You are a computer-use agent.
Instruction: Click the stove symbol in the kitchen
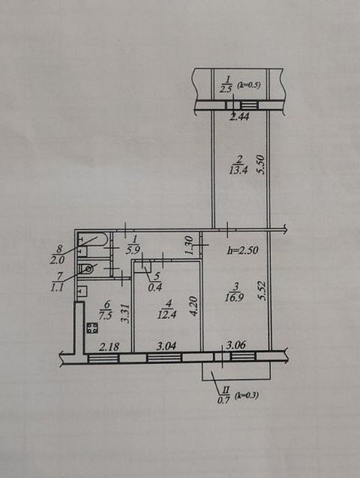click(92, 328)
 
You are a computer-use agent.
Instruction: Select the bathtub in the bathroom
click(92, 239)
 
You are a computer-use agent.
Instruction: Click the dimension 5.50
click(262, 165)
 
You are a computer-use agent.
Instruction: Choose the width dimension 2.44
click(239, 116)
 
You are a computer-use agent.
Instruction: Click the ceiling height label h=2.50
click(243, 250)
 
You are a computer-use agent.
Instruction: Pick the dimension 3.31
click(125, 313)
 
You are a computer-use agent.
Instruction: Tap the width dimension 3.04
click(166, 346)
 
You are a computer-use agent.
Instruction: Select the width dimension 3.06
click(237, 345)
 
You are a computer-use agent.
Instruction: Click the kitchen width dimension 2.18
click(109, 347)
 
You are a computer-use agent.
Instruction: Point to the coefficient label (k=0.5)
click(249, 85)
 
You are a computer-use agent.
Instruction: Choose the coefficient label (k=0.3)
click(247, 396)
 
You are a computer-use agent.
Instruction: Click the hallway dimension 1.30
click(189, 245)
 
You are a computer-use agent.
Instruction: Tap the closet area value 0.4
click(155, 288)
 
